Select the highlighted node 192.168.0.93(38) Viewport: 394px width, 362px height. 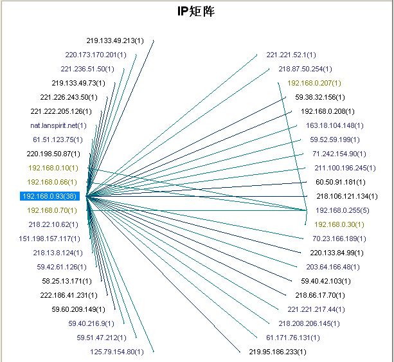[49, 196]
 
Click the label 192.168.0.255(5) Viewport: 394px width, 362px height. [341, 210]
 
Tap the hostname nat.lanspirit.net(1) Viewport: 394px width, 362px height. [58, 125]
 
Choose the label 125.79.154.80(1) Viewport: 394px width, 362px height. [117, 352]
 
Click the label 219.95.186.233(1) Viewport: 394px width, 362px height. [278, 352]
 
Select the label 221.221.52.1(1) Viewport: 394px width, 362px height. [291, 55]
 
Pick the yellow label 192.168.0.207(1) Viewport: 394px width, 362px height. [314, 83]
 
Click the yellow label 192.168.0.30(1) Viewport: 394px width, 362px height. [339, 224]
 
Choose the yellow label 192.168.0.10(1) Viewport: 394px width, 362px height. [53, 168]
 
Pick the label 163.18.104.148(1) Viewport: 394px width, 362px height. [334, 125]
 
